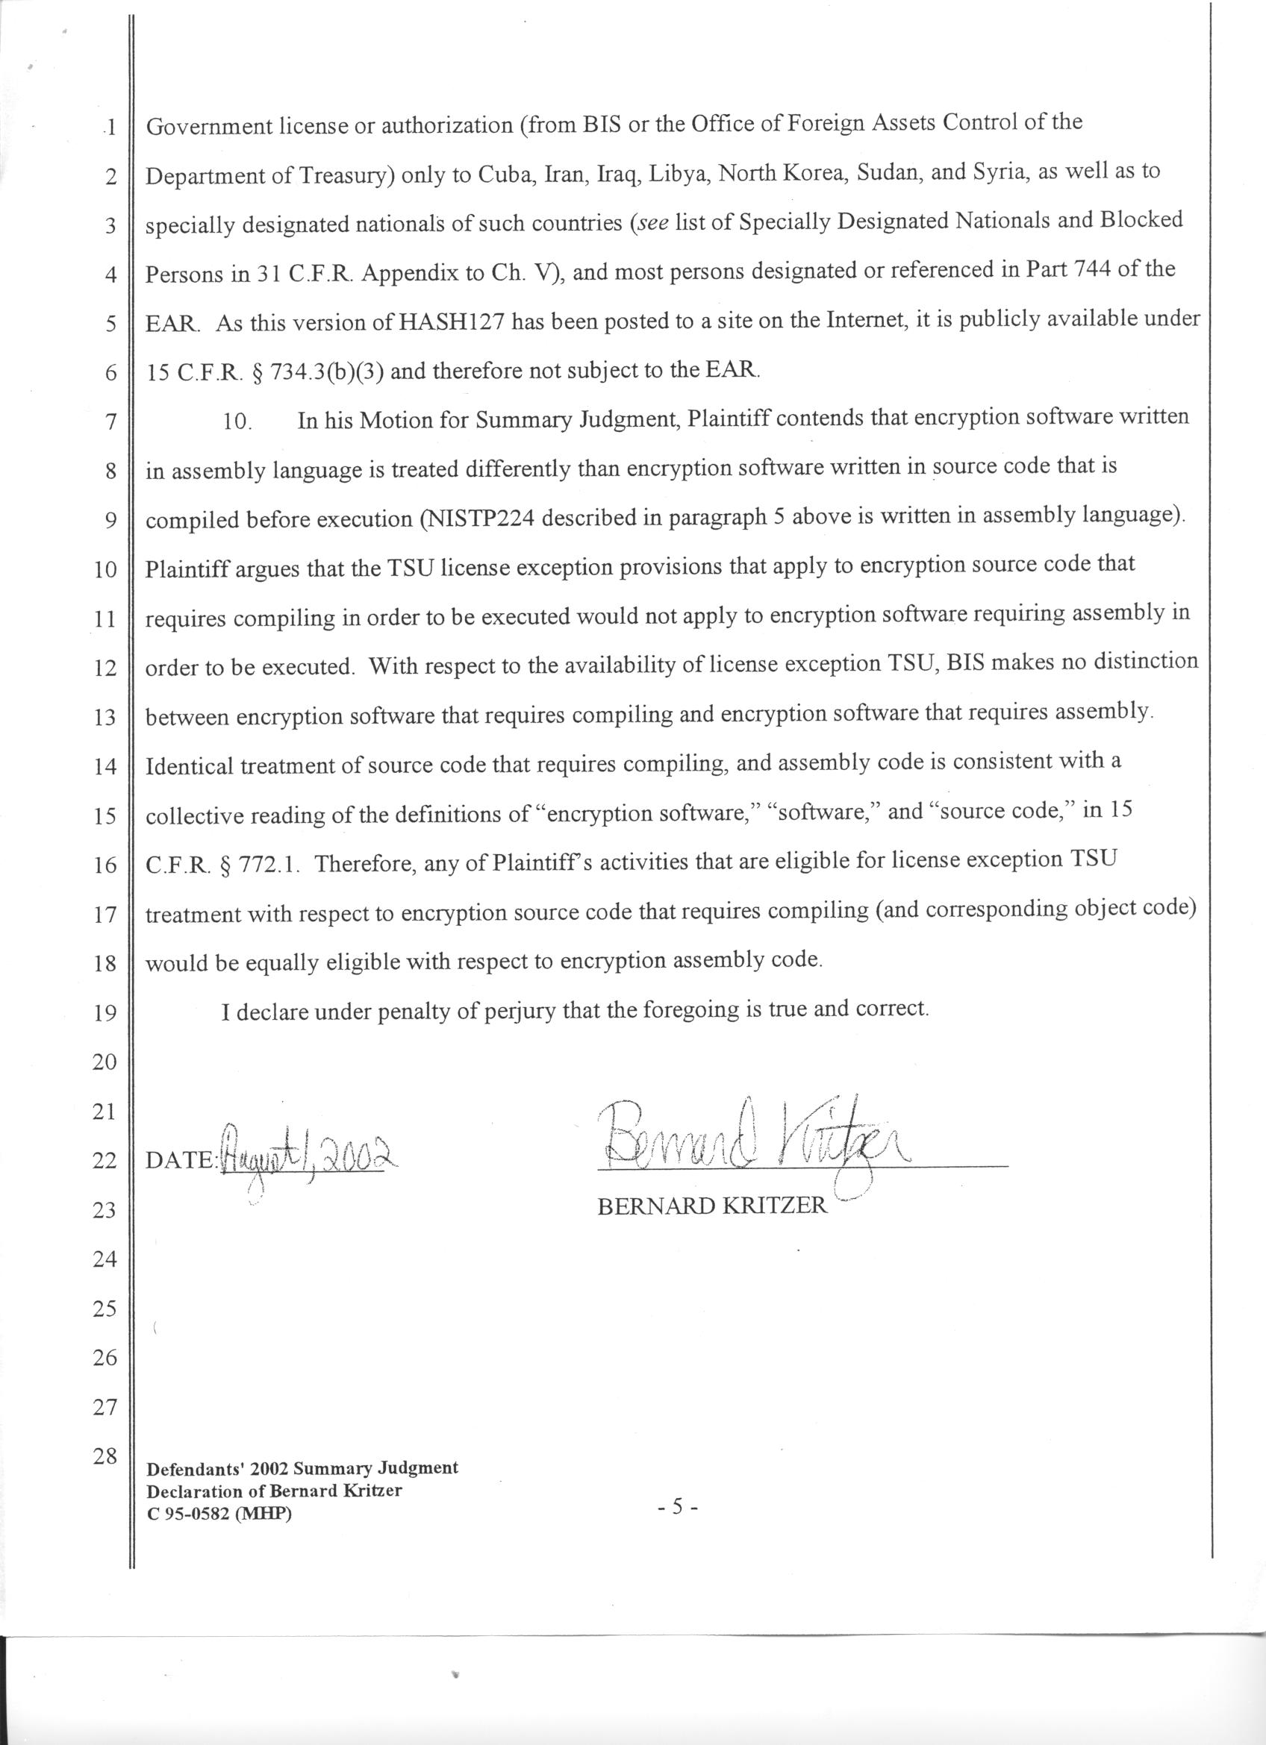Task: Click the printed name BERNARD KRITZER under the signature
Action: point(712,1206)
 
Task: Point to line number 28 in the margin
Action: point(104,1456)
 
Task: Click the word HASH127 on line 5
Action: point(452,322)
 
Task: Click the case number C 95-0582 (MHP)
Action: point(219,1514)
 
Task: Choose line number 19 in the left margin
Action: point(104,1012)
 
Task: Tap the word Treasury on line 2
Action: point(346,176)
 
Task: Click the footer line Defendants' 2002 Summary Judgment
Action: point(302,1467)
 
